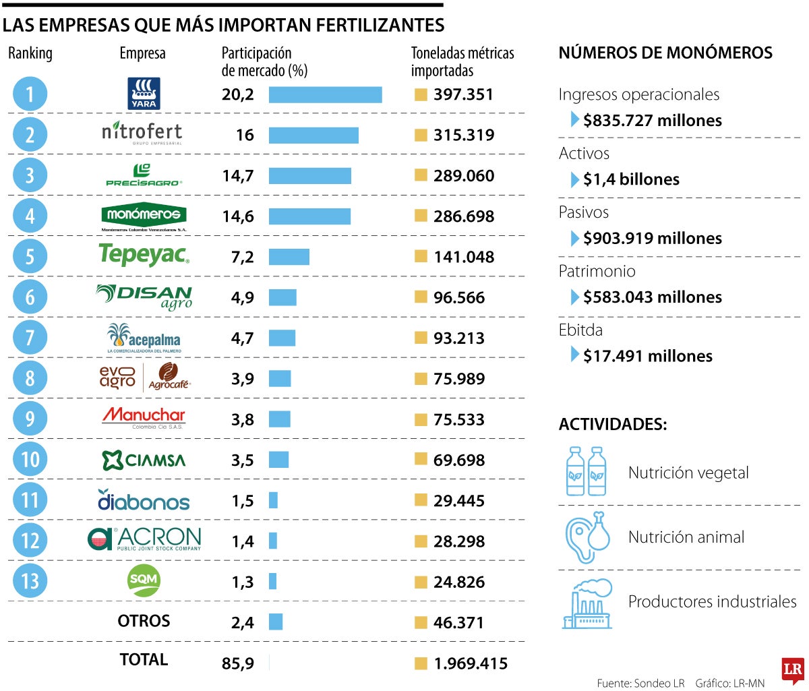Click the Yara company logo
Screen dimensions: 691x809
point(144,94)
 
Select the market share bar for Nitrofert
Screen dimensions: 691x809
point(313,135)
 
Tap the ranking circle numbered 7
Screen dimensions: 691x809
point(30,338)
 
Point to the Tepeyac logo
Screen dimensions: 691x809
point(144,256)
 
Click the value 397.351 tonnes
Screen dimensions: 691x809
point(463,94)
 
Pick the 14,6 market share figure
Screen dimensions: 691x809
point(238,216)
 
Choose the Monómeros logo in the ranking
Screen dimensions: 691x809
point(144,216)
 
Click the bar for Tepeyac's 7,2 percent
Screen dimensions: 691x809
point(289,257)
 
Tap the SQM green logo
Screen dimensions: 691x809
point(144,580)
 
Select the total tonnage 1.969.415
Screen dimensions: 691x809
point(471,664)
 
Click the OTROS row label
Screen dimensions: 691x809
point(144,621)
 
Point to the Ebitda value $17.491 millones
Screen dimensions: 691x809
point(647,356)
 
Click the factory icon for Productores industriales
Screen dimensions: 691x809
point(587,604)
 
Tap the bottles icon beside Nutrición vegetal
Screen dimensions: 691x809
point(586,471)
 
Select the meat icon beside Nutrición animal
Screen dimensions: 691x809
point(587,537)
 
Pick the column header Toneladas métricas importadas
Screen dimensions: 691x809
point(462,61)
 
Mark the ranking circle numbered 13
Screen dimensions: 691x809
point(30,581)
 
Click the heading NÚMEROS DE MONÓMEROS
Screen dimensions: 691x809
point(665,53)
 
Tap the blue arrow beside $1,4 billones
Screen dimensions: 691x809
point(575,179)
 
